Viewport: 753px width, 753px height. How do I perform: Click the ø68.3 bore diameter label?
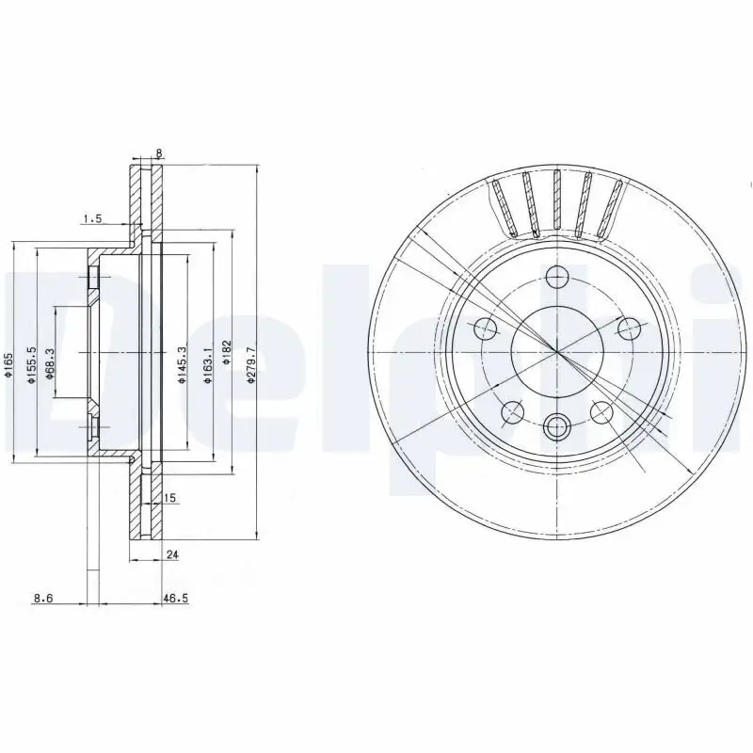(50, 363)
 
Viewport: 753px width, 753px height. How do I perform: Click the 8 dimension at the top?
(159, 153)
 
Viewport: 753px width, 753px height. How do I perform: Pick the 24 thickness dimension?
(171, 555)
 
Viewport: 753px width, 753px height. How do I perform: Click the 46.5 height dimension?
(172, 597)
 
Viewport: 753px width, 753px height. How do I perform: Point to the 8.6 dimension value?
(42, 597)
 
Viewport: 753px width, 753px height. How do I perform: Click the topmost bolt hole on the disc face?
(557, 277)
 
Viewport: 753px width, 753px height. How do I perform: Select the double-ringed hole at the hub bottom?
(557, 426)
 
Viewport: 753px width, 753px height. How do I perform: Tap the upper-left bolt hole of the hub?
(487, 328)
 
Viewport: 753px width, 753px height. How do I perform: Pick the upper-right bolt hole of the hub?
(629, 328)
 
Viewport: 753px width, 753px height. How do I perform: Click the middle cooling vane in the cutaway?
(557, 202)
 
